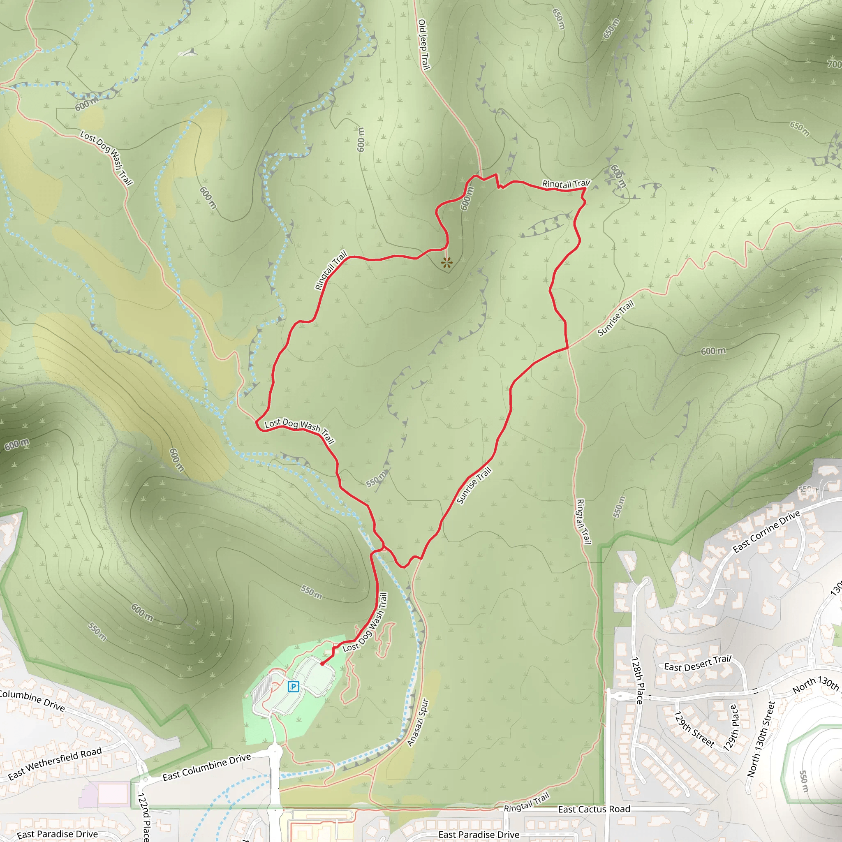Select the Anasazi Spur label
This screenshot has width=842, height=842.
(x=418, y=723)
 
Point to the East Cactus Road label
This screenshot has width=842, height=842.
(x=594, y=809)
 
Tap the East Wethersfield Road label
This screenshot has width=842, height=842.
(x=55, y=763)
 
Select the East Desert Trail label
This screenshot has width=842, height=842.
(x=697, y=664)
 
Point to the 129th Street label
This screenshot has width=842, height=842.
(x=694, y=729)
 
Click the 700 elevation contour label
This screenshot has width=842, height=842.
(x=834, y=64)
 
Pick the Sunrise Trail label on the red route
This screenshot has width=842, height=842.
(x=474, y=486)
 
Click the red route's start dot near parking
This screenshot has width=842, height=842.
(x=322, y=664)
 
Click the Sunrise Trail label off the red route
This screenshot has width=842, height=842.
(x=615, y=319)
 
